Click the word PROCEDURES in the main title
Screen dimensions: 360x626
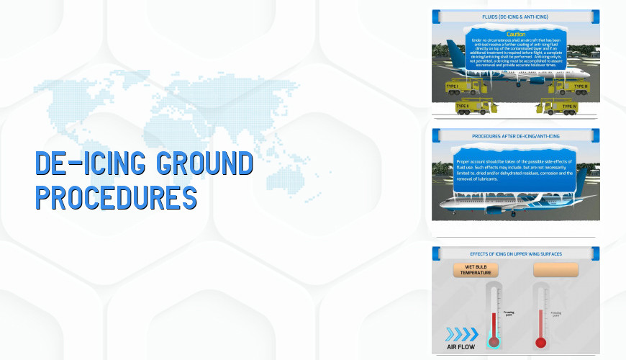click(x=116, y=196)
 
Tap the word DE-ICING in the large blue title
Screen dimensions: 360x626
click(x=87, y=164)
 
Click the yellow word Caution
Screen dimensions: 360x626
click(x=516, y=34)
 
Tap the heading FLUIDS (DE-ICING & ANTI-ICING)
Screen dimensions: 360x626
click(x=514, y=16)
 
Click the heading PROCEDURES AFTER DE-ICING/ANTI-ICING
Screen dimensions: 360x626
click(x=514, y=135)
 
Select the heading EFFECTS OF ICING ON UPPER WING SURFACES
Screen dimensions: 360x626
click(x=514, y=253)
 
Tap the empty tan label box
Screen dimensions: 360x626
click(x=555, y=270)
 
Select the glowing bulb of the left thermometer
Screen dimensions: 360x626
click(x=494, y=342)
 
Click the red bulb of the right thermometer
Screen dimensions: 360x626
click(x=540, y=342)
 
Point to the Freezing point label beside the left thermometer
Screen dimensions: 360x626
click(x=509, y=313)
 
